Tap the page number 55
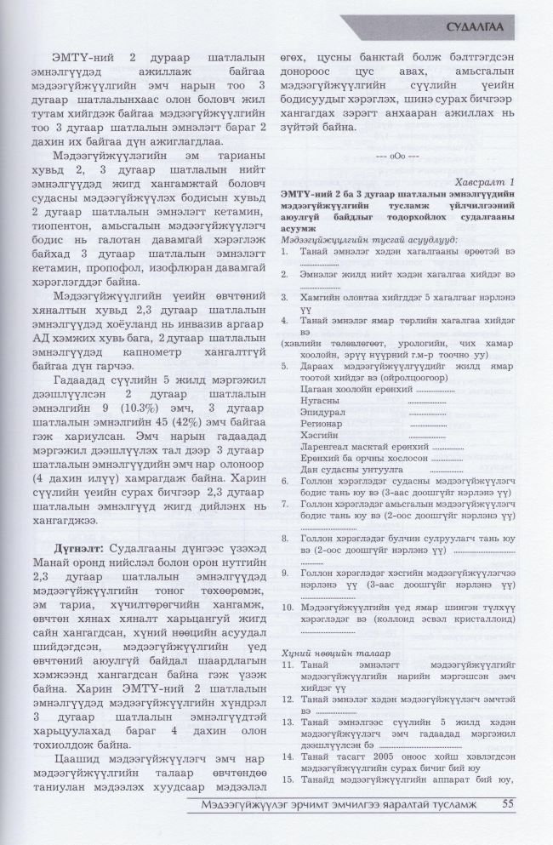pos(509,802)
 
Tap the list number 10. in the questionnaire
pos(288,607)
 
